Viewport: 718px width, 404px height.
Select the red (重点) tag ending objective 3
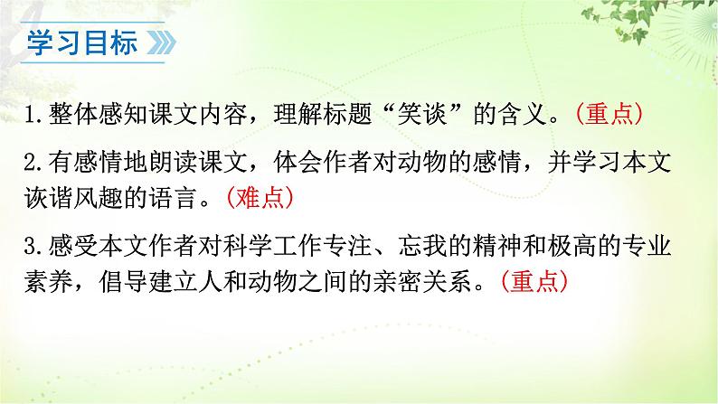pyautogui.click(x=534, y=281)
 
